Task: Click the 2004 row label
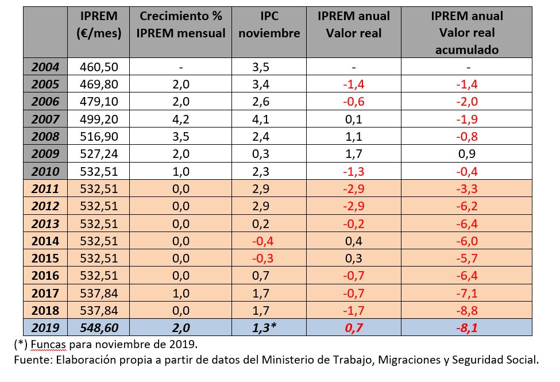pyautogui.click(x=45, y=67)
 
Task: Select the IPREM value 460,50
pyautogui.click(x=99, y=67)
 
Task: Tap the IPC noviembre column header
pyautogui.click(x=269, y=24)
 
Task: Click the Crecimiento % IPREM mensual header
pyautogui.click(x=181, y=24)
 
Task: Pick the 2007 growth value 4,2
pyautogui.click(x=181, y=119)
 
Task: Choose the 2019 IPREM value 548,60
pyautogui.click(x=99, y=327)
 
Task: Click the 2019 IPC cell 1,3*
pyautogui.click(x=265, y=327)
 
